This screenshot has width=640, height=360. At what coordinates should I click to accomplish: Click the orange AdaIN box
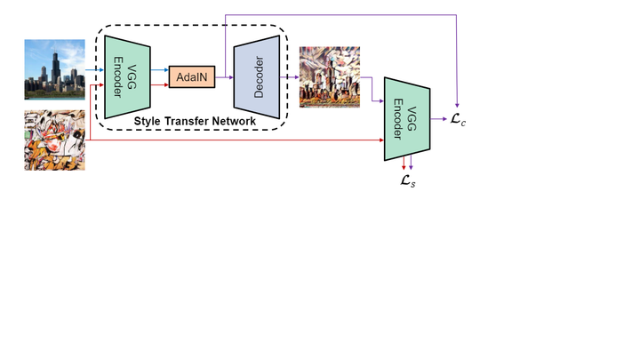coord(192,77)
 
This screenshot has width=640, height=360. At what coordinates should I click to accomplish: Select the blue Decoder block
coord(258,76)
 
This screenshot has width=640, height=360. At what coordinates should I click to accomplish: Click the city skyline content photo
coord(54,68)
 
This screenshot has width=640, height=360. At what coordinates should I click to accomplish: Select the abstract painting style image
coord(54,140)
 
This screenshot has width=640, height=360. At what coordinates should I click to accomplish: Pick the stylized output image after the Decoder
coord(331,77)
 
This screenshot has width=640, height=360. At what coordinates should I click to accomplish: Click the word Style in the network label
coord(148,120)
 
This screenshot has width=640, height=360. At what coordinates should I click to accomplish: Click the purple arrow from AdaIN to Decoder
coord(224,77)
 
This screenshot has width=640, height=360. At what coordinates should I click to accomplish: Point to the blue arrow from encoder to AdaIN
coord(161,69)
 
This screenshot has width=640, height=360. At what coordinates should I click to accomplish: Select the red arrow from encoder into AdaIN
coord(161,85)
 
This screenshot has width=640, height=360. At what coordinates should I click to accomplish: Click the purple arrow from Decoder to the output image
coord(292,77)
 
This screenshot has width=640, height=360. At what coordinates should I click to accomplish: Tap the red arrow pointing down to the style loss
coord(404,163)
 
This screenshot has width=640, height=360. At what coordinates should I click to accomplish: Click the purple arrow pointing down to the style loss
coord(411,163)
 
